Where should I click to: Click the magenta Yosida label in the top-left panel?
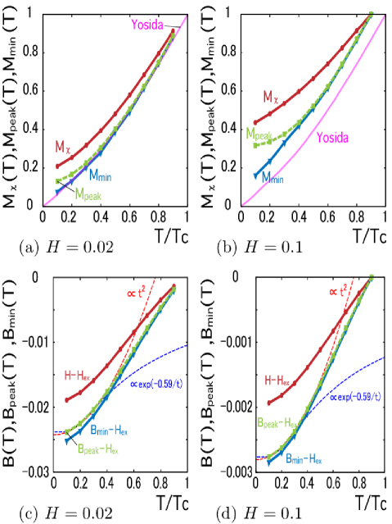[147, 25]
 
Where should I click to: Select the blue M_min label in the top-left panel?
[101, 175]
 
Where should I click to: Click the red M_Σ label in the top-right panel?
[271, 98]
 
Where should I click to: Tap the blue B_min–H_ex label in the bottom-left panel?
[109, 430]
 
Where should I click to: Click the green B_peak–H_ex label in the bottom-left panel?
[97, 449]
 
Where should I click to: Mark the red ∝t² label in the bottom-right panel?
[337, 291]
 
